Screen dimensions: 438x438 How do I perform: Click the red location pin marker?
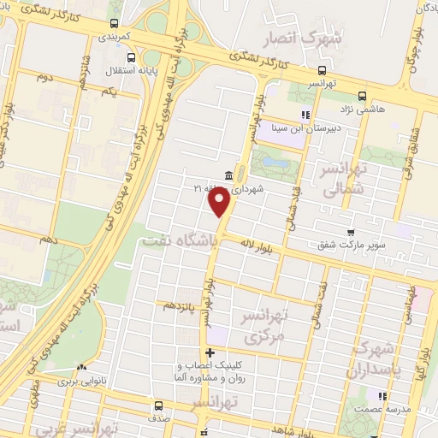click(x=219, y=201)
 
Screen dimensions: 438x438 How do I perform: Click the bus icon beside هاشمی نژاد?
click(x=363, y=97)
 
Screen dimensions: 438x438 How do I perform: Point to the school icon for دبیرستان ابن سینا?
click(x=304, y=115)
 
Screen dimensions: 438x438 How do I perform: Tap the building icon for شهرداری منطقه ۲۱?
click(x=228, y=175)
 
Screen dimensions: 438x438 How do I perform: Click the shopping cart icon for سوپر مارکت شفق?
click(x=351, y=232)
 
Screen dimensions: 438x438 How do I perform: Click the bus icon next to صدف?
click(x=159, y=405)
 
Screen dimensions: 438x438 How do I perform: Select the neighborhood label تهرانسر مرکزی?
click(x=273, y=327)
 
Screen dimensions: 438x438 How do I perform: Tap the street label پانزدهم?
click(x=181, y=305)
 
